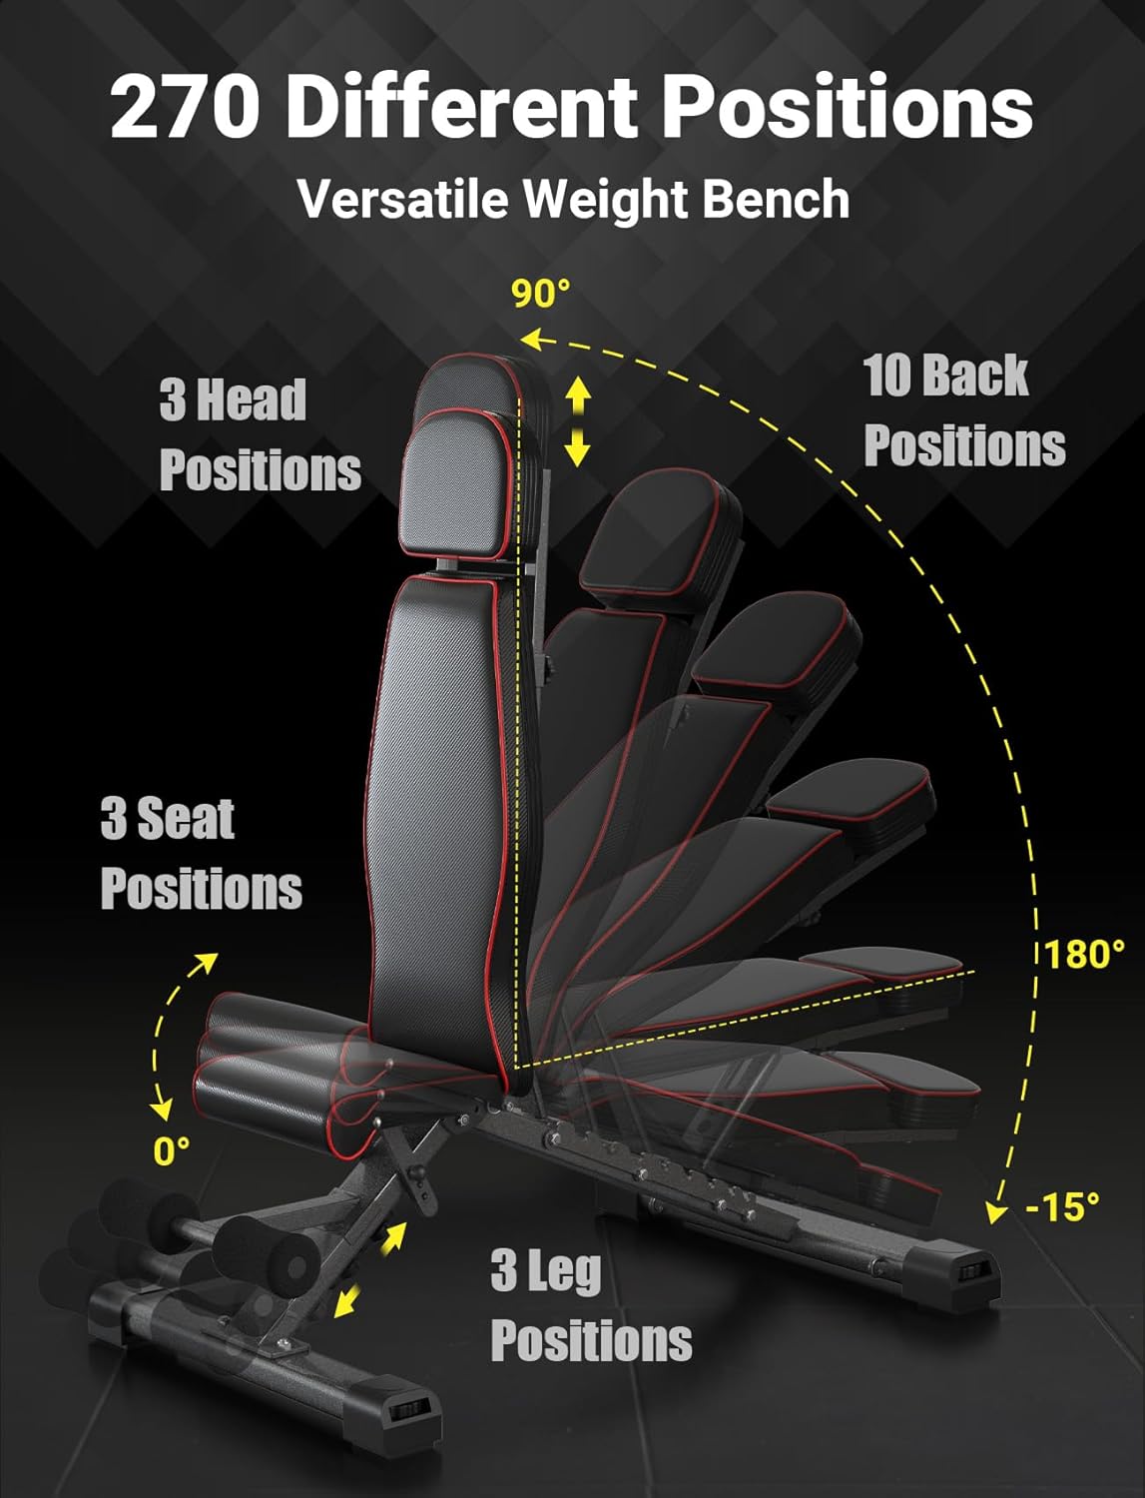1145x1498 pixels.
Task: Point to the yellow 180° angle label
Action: (x=1084, y=954)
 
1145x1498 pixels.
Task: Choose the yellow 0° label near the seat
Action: (x=171, y=1150)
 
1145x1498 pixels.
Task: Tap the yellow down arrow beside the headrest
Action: (x=578, y=447)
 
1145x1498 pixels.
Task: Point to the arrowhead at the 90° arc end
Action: (x=530, y=338)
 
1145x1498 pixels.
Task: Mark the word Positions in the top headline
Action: (x=849, y=108)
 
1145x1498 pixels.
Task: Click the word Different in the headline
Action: (x=462, y=108)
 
